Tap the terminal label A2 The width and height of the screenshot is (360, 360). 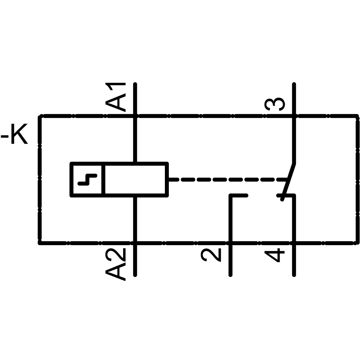click(x=116, y=264)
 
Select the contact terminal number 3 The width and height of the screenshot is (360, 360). click(x=275, y=104)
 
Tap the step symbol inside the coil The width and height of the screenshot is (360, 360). click(x=87, y=179)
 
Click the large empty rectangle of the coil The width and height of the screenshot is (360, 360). click(x=136, y=179)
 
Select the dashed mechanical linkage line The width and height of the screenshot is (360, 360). click(x=227, y=179)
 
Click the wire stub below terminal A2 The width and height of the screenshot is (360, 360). click(x=135, y=261)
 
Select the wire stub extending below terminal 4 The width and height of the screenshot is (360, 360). click(x=294, y=261)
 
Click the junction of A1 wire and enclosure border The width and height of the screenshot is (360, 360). click(x=135, y=116)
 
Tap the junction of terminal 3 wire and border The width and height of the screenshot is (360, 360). click(x=294, y=116)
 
